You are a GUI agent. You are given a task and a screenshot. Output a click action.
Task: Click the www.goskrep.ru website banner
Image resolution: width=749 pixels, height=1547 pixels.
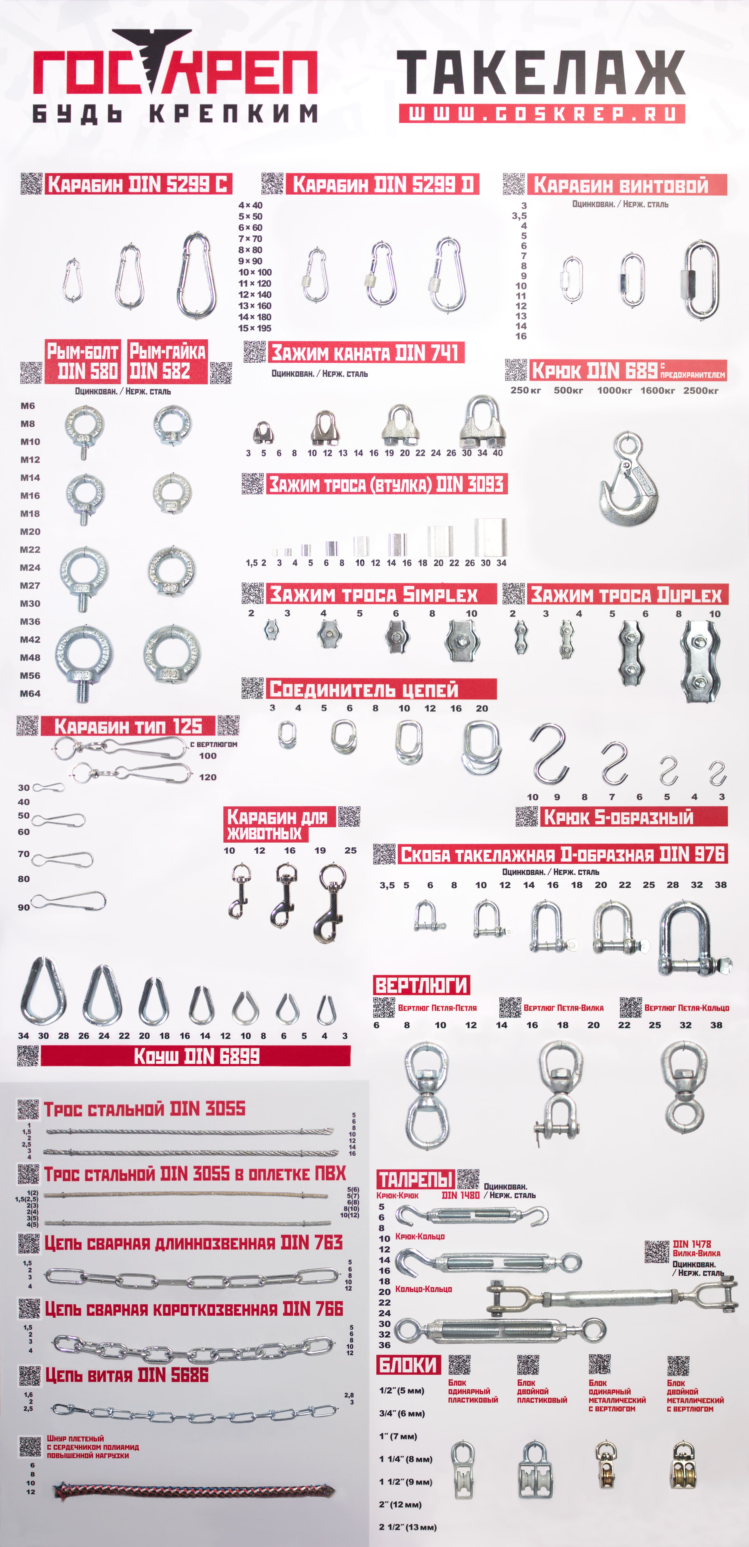542,113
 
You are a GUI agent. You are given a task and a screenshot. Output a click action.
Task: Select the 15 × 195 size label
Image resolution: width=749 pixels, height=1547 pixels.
255,328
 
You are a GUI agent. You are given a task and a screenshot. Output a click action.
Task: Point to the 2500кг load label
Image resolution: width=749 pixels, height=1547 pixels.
701,390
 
